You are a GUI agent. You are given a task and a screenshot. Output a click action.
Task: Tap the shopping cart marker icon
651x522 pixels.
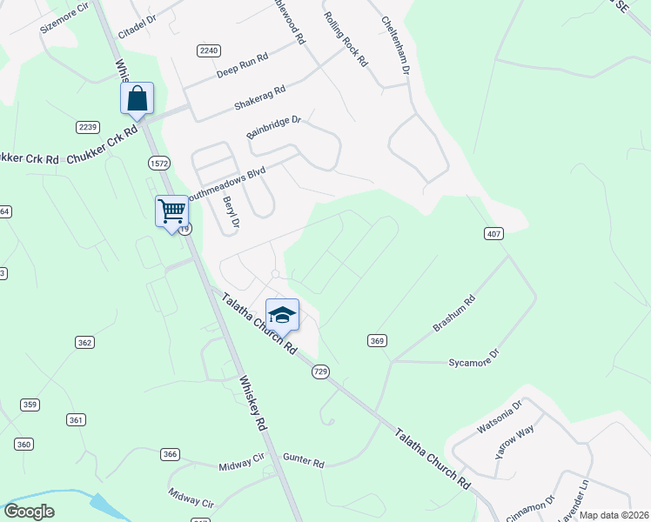tap(171, 211)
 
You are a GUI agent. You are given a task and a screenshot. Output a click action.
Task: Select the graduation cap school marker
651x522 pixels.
tap(282, 314)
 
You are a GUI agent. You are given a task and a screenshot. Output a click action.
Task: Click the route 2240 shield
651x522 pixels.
tap(209, 50)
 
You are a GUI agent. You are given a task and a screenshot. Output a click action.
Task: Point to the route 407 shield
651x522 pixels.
tap(493, 233)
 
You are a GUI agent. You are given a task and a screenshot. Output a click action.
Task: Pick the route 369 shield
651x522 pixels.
tap(377, 340)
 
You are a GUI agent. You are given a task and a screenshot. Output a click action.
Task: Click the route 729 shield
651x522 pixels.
tap(320, 371)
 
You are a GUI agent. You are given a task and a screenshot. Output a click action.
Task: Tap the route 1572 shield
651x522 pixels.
tap(158, 163)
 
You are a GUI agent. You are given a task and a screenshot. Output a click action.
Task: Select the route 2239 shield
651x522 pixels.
tap(88, 127)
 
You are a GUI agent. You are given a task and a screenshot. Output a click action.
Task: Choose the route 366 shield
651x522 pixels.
tap(170, 454)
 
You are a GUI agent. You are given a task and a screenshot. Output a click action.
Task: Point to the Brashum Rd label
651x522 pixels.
tap(454, 314)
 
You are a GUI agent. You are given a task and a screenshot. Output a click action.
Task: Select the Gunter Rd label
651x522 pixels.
tap(303, 459)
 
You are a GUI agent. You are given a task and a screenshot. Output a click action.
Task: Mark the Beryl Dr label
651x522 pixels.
tap(230, 212)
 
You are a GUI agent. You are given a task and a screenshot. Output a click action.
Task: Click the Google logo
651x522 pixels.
tap(29, 512)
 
